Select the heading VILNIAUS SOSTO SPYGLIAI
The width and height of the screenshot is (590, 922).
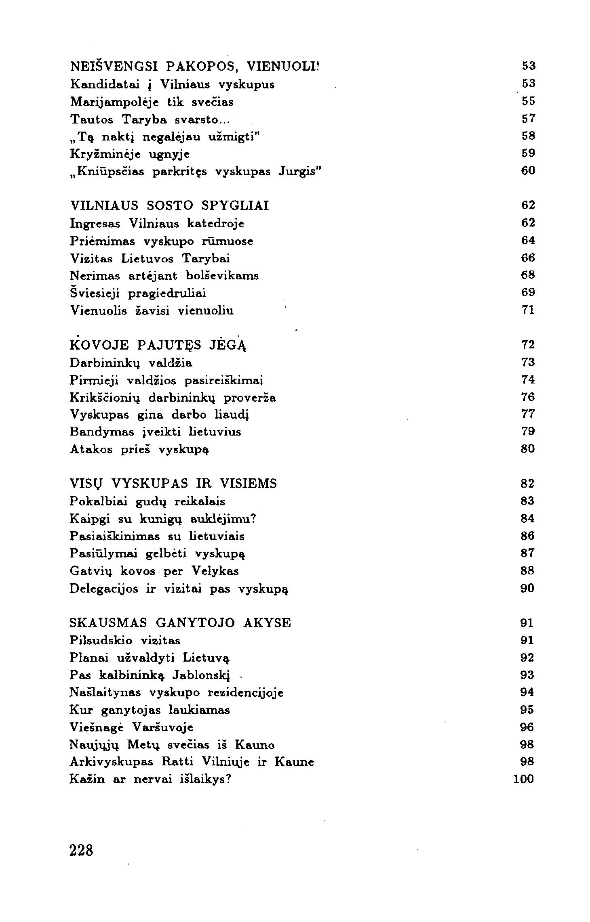[x=169, y=205]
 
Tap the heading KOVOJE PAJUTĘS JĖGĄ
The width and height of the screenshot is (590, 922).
[x=158, y=345]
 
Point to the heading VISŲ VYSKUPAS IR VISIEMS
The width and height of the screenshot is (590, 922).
[x=173, y=484]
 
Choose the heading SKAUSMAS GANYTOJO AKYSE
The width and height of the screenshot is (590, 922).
[x=180, y=623]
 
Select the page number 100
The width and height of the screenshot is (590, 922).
[x=523, y=779]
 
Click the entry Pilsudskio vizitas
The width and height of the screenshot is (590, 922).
[x=125, y=641]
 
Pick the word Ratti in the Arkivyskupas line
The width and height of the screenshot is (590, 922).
[x=178, y=762]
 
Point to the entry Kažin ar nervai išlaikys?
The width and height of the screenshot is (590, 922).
[x=150, y=779]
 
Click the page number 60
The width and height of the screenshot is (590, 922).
[x=528, y=171]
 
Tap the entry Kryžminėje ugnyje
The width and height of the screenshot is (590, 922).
[x=130, y=154]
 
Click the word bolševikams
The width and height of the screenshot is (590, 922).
[x=223, y=276]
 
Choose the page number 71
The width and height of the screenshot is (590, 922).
[x=528, y=310]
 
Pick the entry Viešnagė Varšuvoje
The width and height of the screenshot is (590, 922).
[x=131, y=727]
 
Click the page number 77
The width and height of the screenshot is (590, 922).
[x=528, y=414]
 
